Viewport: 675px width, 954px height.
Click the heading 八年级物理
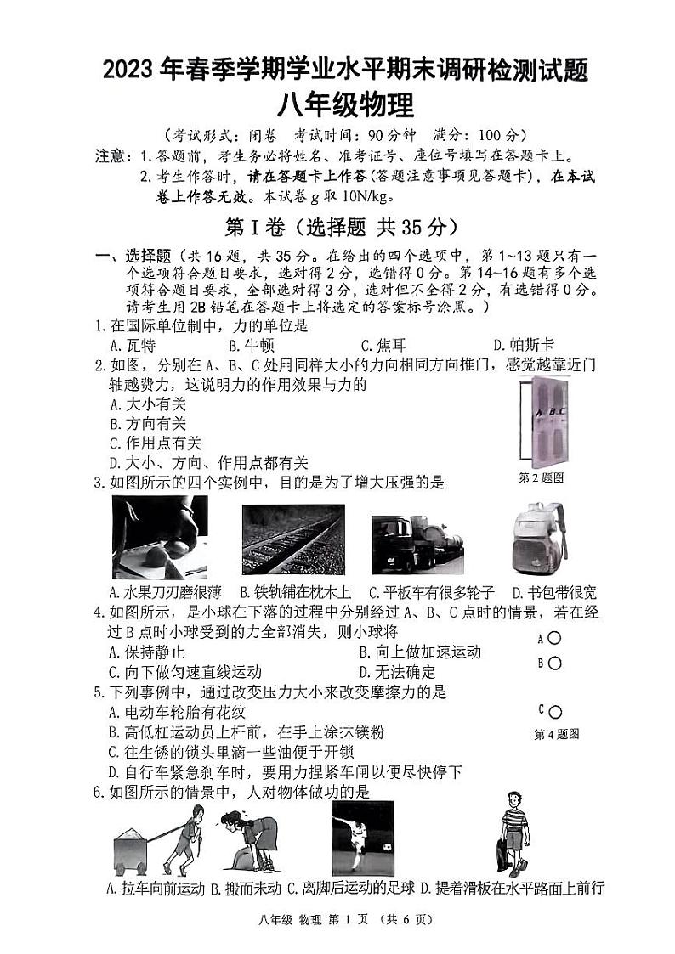[x=344, y=106]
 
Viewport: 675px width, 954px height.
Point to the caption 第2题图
[x=542, y=477]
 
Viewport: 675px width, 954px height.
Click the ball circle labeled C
[x=555, y=712]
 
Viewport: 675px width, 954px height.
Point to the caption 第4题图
[x=556, y=734]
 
